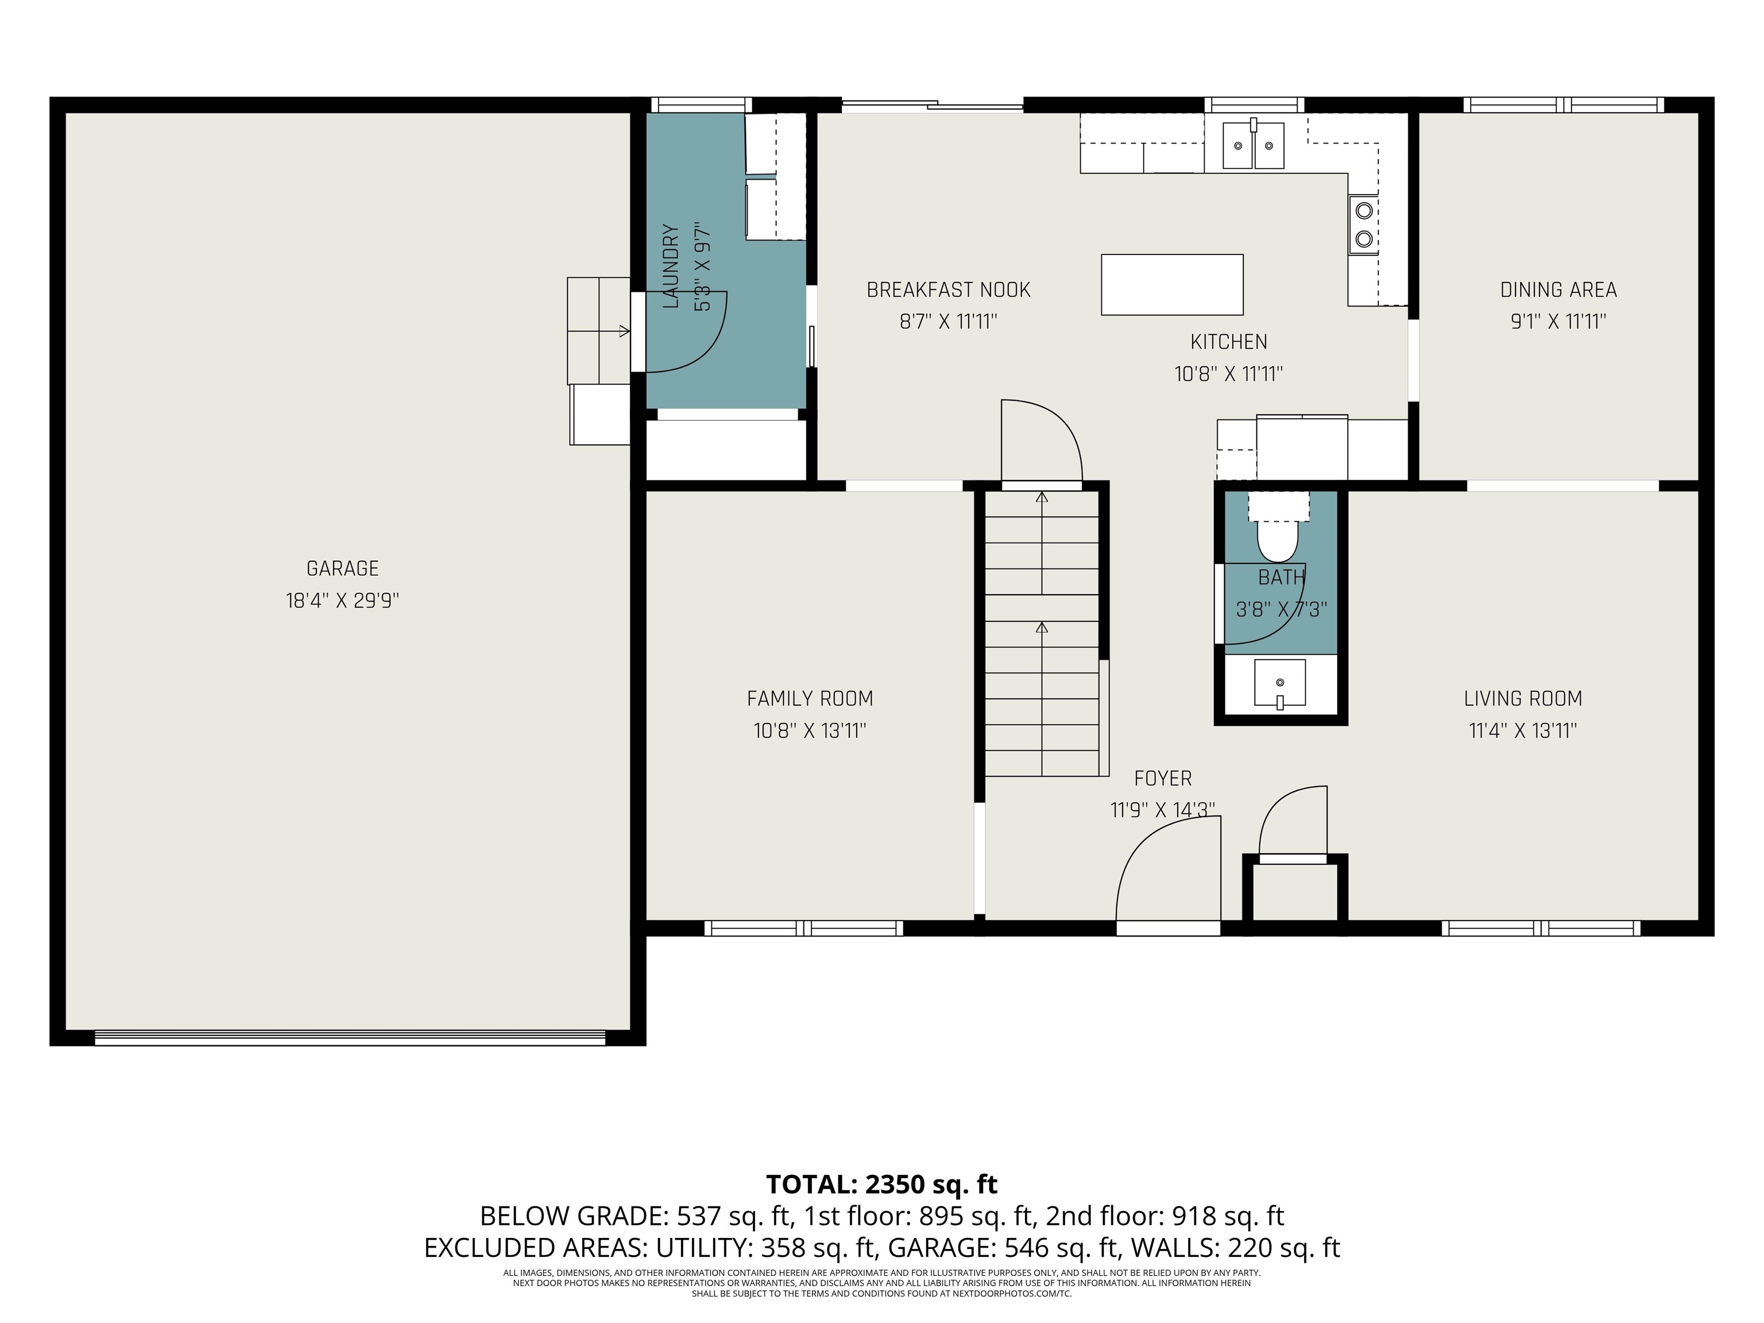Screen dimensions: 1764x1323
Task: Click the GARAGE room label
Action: point(343,568)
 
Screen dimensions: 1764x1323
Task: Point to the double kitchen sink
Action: point(1254,145)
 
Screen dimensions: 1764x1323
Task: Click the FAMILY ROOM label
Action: point(810,699)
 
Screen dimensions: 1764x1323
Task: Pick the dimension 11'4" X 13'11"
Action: point(1523,730)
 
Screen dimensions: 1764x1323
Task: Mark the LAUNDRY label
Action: point(671,266)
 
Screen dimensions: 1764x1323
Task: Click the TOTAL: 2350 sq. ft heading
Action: point(882,1184)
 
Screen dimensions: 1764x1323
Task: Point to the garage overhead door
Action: point(350,1038)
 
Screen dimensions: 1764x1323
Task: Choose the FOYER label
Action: point(1163,778)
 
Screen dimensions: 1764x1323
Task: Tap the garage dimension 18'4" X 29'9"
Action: point(343,601)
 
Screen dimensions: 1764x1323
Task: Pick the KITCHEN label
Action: point(1229,342)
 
